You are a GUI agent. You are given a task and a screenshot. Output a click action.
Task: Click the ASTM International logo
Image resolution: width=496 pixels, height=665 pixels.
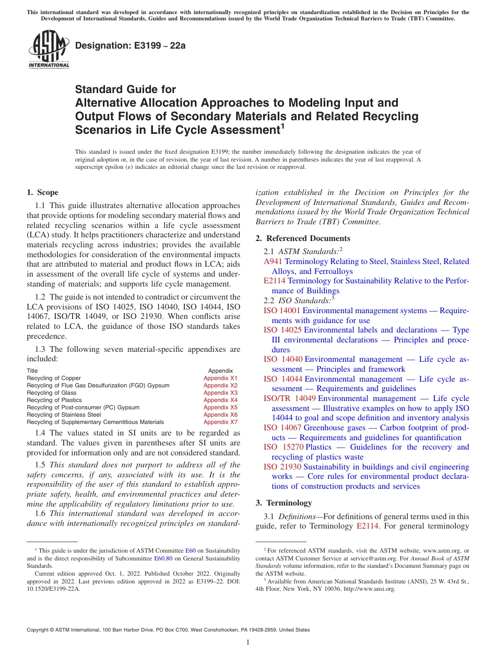(x=49, y=50)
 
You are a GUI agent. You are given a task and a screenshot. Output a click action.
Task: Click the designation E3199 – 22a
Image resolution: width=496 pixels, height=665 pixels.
(x=131, y=45)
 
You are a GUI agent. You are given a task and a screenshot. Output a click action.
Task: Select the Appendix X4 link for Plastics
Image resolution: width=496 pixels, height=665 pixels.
(x=220, y=400)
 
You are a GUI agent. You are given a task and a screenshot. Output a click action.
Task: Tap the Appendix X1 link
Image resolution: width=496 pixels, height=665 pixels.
(x=220, y=378)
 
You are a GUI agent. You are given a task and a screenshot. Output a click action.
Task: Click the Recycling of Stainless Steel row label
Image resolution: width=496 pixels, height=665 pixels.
(x=64, y=415)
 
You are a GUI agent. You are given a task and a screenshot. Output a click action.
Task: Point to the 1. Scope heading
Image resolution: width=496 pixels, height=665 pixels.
(x=43, y=192)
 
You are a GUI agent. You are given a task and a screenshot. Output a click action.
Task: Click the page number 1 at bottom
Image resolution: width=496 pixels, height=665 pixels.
(x=248, y=642)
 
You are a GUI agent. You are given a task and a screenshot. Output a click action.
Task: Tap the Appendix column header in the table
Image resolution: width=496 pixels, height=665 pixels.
(x=220, y=371)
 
